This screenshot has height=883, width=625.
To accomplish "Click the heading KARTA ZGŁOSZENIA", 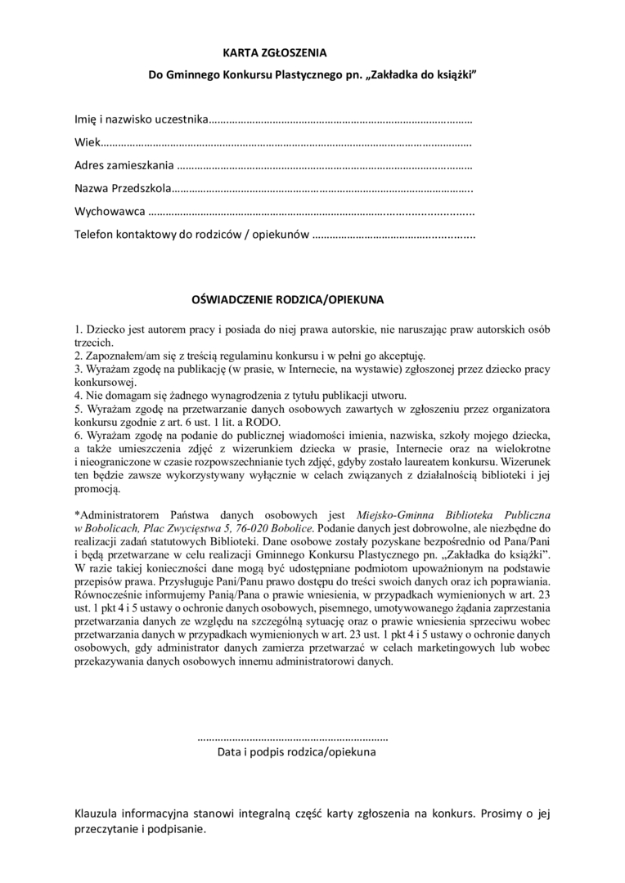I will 274,53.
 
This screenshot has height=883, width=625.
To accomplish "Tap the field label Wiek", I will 86,142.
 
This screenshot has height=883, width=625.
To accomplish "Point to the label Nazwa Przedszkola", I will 123,189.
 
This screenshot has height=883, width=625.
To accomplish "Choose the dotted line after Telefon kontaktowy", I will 393,235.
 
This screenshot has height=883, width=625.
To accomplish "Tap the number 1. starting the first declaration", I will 79,329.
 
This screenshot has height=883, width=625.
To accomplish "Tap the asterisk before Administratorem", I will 76,515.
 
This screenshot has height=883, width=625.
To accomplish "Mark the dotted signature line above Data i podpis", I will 294,737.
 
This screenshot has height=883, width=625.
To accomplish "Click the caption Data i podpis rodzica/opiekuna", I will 296,751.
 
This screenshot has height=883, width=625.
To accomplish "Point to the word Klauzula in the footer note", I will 99,814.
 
